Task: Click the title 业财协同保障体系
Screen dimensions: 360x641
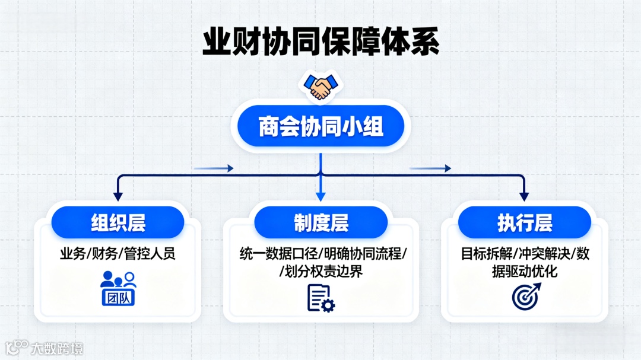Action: tap(320, 43)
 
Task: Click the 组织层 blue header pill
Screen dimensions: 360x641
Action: tap(118, 222)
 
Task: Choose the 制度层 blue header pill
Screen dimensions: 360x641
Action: tap(321, 223)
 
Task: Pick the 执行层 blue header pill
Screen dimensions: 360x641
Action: tap(525, 223)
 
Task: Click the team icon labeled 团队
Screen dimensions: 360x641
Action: tap(118, 289)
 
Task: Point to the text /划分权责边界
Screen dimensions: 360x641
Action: tap(321, 272)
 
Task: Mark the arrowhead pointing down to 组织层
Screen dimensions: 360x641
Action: tap(118, 195)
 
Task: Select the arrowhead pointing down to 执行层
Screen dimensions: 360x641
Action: tap(524, 195)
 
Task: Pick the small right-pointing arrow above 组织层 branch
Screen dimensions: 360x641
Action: tap(214, 168)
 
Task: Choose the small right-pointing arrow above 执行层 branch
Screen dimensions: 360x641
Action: tap(430, 168)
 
